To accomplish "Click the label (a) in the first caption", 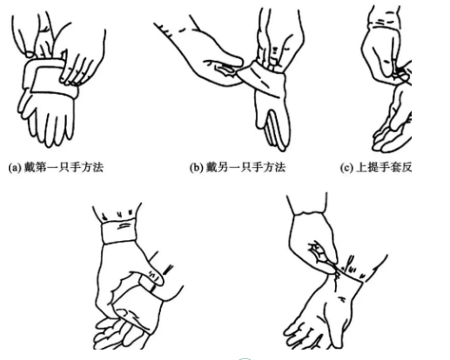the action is coord(15,168).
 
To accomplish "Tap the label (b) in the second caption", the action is coord(196,168).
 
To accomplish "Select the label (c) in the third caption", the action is coord(346,168).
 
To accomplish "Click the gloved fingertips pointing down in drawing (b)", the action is coord(276,130).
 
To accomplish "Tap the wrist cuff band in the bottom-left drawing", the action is coord(119,231).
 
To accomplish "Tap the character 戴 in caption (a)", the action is coord(30,168).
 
